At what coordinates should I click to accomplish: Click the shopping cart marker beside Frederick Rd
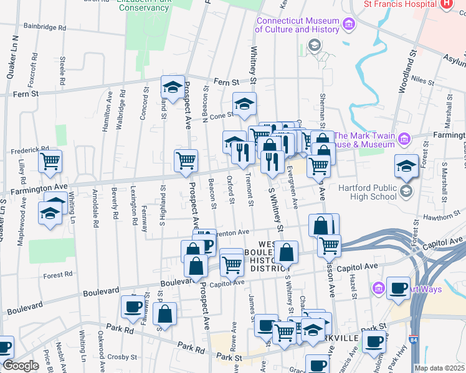click(x=50, y=162)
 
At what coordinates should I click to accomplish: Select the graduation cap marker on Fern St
click(x=173, y=86)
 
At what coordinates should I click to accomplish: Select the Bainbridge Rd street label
click(x=44, y=28)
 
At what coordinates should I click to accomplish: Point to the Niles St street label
click(x=422, y=80)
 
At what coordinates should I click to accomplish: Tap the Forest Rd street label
click(x=58, y=273)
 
